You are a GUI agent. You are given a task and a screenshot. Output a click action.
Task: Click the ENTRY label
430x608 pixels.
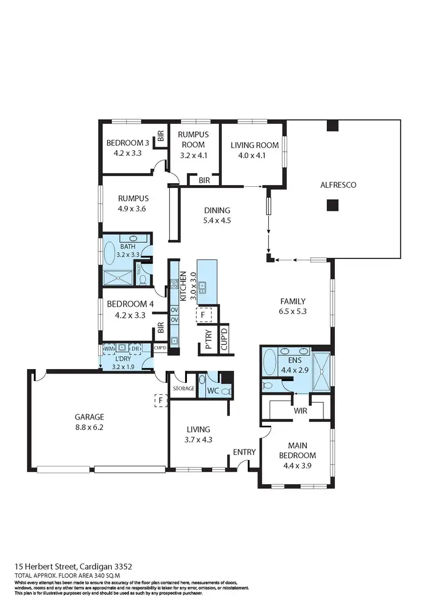point(244,452)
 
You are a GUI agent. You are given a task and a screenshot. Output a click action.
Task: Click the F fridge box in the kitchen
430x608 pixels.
point(204,315)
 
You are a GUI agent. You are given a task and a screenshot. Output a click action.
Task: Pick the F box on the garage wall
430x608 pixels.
point(161,399)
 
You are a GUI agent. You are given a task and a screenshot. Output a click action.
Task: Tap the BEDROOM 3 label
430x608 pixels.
point(127,143)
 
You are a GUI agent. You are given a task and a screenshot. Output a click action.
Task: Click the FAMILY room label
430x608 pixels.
point(292,301)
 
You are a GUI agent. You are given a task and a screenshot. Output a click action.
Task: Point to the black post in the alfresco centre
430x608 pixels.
point(331,205)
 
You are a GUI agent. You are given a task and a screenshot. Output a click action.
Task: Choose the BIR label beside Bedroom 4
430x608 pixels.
point(161,328)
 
